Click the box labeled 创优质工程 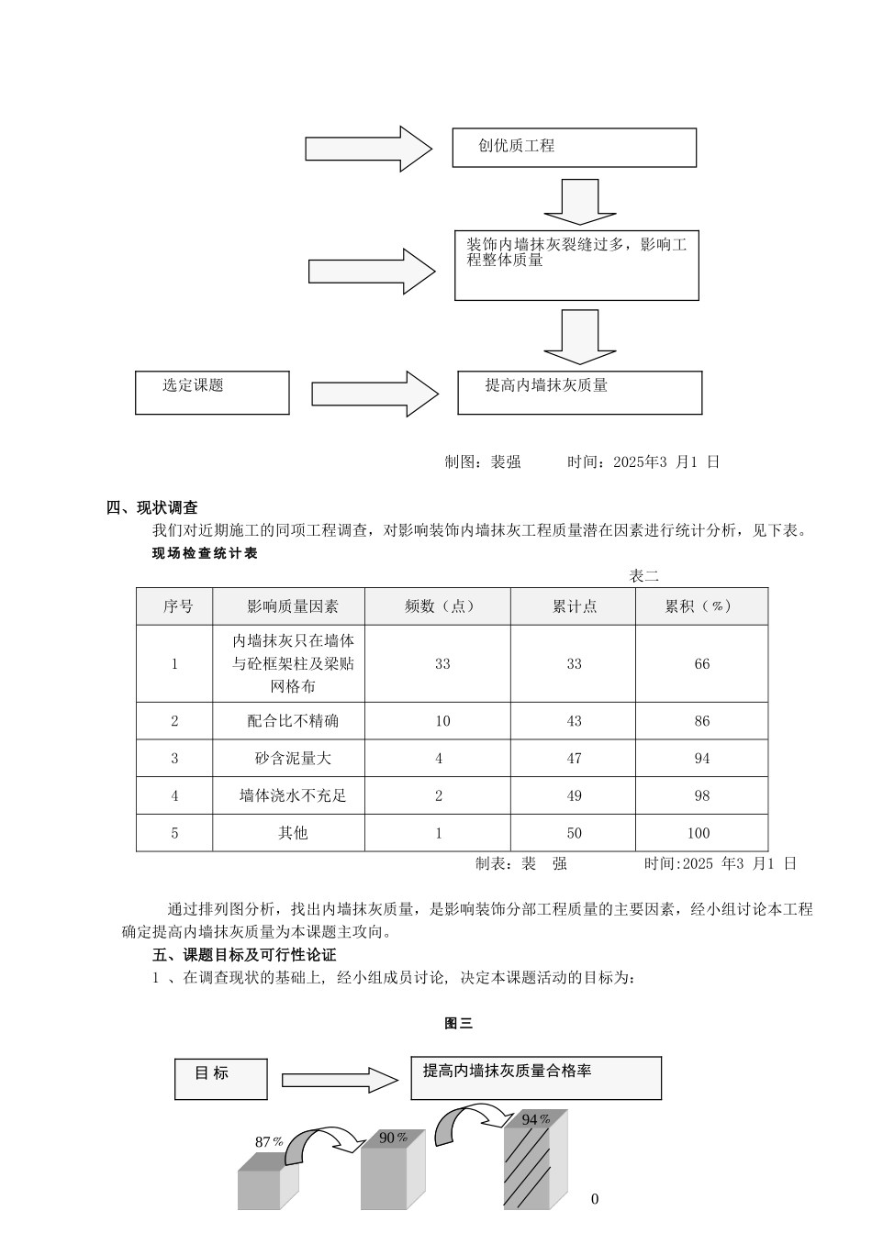point(574,147)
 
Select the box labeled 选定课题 point(212,392)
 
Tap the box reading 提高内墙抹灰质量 point(579,392)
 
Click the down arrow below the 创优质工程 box point(579,202)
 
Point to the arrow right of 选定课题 point(374,394)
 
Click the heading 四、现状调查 point(152,507)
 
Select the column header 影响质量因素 point(292,606)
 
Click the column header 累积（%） point(700,606)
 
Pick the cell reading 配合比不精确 point(292,721)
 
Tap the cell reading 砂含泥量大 point(292,759)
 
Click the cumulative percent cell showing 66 point(701,664)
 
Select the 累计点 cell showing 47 point(574,759)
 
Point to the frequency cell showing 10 point(442,721)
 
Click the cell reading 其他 point(292,833)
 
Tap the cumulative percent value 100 point(698,833)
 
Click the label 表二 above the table point(643,576)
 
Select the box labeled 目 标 point(220,1078)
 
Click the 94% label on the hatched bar point(536,1119)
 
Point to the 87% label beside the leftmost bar point(269,1142)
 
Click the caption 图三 point(458,1023)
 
